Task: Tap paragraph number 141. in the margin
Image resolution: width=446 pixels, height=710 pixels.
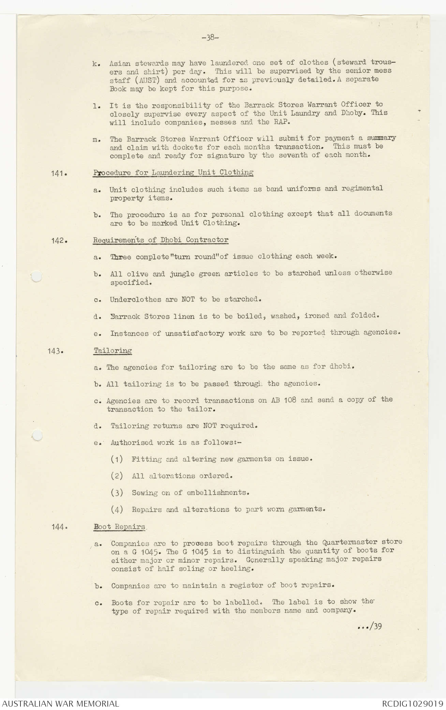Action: coord(58,173)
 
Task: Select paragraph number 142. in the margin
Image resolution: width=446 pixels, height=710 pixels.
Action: coord(58,240)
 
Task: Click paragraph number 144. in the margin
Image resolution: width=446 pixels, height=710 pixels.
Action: coord(58,527)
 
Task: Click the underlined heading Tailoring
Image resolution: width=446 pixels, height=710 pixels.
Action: coord(113,351)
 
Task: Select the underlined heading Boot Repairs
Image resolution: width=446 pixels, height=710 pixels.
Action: coord(119,527)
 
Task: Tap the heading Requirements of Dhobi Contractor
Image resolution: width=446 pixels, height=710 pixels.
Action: coord(161,240)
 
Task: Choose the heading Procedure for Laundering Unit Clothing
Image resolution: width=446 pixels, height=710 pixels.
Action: coord(173,173)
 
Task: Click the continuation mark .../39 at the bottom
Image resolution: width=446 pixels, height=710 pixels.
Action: coord(370,626)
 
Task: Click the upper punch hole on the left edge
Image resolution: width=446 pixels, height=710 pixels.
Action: coord(36,277)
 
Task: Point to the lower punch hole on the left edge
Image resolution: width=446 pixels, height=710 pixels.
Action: coord(37,435)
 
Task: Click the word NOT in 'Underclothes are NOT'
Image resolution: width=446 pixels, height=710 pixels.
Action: coord(188,299)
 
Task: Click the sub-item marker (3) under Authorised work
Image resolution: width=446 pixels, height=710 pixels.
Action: coord(117,492)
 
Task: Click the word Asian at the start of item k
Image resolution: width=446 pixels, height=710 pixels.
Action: coord(120,63)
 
